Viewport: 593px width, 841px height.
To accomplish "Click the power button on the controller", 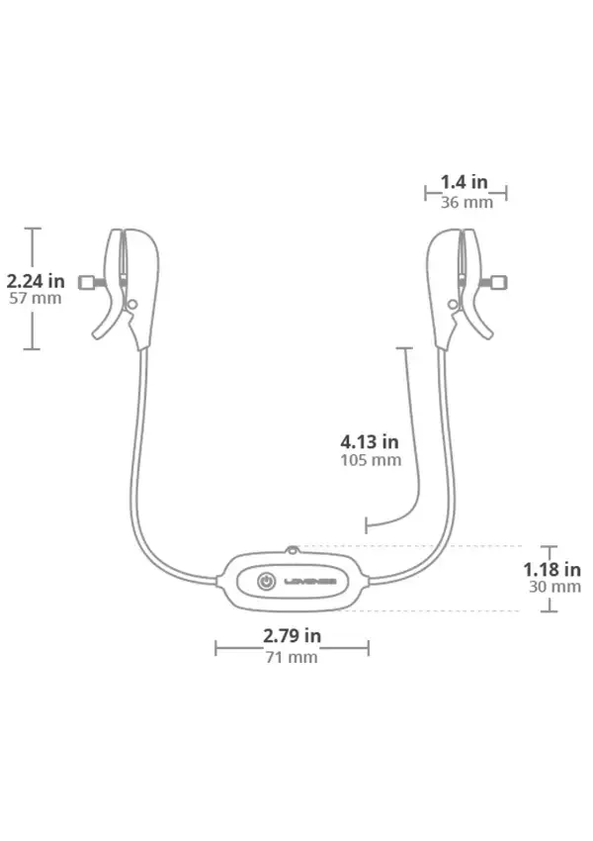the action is [x=266, y=582].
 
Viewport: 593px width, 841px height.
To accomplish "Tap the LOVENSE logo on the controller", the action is [x=310, y=582].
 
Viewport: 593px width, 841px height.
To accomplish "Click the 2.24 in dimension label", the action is [x=36, y=281].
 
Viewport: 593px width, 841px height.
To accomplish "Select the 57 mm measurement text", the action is [x=36, y=298].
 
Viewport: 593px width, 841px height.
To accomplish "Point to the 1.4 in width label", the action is [x=464, y=182].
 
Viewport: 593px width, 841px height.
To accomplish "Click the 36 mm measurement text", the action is [x=466, y=202].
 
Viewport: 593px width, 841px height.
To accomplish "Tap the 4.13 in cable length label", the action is [x=370, y=441].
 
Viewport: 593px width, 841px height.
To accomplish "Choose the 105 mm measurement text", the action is [x=371, y=460].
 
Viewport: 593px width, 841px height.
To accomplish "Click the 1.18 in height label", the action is [x=551, y=569].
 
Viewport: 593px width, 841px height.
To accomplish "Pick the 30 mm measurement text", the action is [x=555, y=587].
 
